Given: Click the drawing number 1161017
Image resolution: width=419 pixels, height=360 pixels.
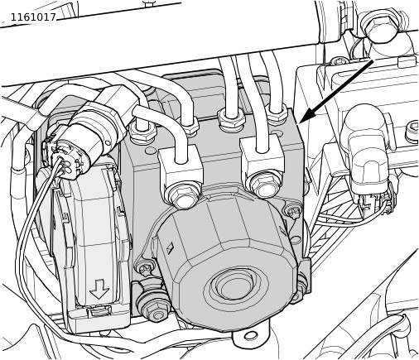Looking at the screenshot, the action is [x=33, y=17].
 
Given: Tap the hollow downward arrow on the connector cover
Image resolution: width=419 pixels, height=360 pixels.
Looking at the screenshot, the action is [x=99, y=289].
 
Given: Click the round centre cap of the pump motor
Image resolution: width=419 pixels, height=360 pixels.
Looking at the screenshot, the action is [x=235, y=284].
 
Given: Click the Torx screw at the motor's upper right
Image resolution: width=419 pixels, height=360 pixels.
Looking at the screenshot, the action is [x=292, y=212].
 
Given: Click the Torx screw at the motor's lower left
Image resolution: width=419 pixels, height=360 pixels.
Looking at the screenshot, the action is [x=144, y=270].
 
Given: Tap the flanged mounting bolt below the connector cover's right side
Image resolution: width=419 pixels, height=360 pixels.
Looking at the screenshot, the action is [x=152, y=308].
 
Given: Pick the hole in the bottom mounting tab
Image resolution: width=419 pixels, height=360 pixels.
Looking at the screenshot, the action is [x=251, y=336].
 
